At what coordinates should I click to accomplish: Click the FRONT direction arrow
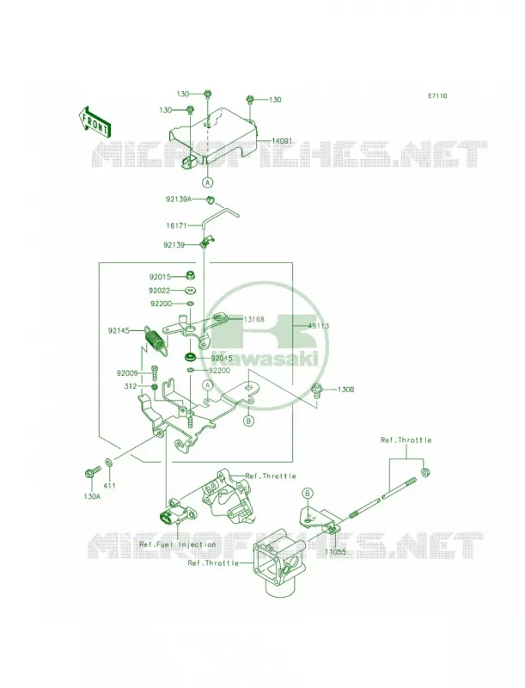click(95, 121)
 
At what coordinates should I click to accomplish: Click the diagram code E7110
click(438, 95)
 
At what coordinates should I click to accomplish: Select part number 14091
click(282, 141)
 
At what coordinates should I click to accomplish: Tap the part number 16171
click(176, 225)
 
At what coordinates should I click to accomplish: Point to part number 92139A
click(179, 200)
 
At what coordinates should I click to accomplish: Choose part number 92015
click(160, 277)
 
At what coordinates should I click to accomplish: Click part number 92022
click(160, 291)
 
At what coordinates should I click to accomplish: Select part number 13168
click(253, 319)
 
